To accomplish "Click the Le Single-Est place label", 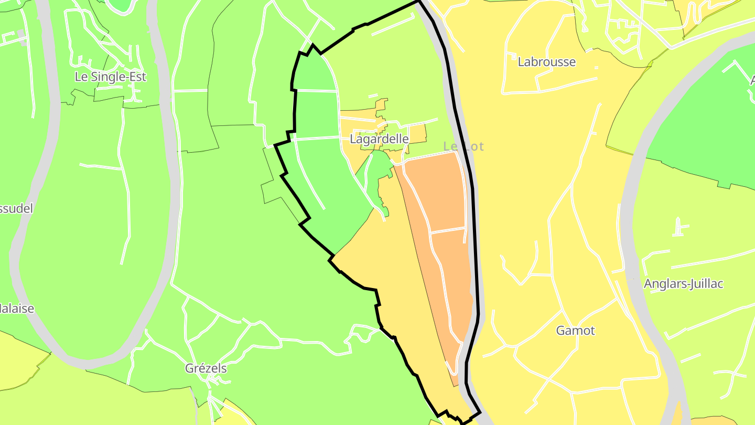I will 110,77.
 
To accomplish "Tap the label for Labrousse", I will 546,62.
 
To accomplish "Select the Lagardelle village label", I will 379,139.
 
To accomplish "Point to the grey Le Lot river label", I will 463,146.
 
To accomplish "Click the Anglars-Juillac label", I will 683,284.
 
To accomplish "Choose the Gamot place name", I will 575,331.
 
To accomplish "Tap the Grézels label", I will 206,368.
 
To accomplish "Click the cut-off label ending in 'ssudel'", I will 16,208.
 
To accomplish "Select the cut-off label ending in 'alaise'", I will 17,309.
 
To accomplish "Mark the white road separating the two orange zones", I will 447,230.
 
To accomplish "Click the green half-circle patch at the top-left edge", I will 120,4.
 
